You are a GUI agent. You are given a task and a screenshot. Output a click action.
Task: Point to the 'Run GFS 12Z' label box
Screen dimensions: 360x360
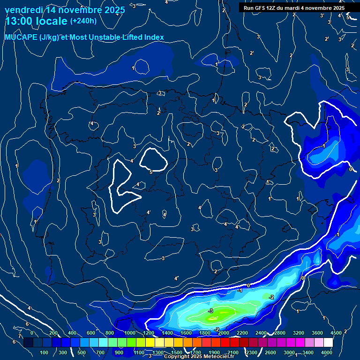(x=294, y=8)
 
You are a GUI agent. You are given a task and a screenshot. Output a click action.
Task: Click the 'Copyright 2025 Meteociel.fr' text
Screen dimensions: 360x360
(x=199, y=356)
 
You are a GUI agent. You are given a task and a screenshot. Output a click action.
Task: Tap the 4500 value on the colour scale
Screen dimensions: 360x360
(x=336, y=333)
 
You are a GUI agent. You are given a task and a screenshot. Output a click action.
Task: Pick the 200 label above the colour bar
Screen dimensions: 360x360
(x=53, y=333)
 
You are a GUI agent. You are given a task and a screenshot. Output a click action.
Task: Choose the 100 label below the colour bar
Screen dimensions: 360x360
(x=45, y=352)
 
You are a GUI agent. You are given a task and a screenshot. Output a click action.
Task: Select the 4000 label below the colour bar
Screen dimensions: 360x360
(x=327, y=352)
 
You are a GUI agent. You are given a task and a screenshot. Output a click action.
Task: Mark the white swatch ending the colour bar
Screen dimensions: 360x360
(x=328, y=343)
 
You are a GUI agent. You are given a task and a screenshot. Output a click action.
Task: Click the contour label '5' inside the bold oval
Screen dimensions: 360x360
(x=151, y=172)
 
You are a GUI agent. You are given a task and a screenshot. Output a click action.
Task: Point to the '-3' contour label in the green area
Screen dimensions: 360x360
(x=211, y=311)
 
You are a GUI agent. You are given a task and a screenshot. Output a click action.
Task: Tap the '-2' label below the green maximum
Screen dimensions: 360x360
(x=216, y=330)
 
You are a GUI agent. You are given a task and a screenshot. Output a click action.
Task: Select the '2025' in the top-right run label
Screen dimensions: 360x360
(x=337, y=8)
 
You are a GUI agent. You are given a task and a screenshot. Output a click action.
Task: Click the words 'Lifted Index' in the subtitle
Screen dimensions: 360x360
(x=142, y=37)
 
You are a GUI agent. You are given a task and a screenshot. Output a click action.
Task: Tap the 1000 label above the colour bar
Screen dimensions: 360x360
(x=129, y=333)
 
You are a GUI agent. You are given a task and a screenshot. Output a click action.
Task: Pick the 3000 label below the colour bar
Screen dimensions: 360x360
(x=289, y=352)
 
